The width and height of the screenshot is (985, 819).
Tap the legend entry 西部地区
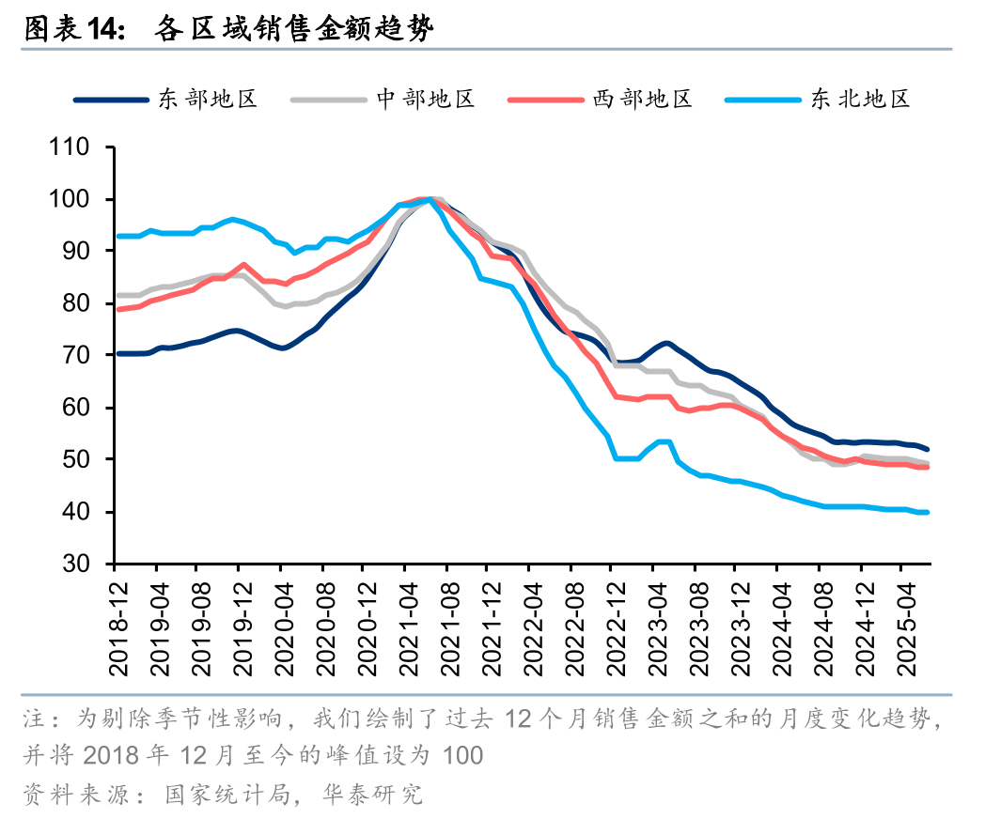tap(642, 99)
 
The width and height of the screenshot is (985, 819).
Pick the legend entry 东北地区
tap(861, 99)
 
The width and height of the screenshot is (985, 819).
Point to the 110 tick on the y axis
tap(72, 147)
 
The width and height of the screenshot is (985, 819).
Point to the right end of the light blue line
tap(928, 512)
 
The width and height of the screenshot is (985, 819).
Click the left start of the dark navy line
tap(116, 353)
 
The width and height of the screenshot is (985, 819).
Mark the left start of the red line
tap(116, 309)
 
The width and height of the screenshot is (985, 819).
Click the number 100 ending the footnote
tap(461, 756)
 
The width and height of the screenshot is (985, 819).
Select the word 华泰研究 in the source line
tap(385, 796)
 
